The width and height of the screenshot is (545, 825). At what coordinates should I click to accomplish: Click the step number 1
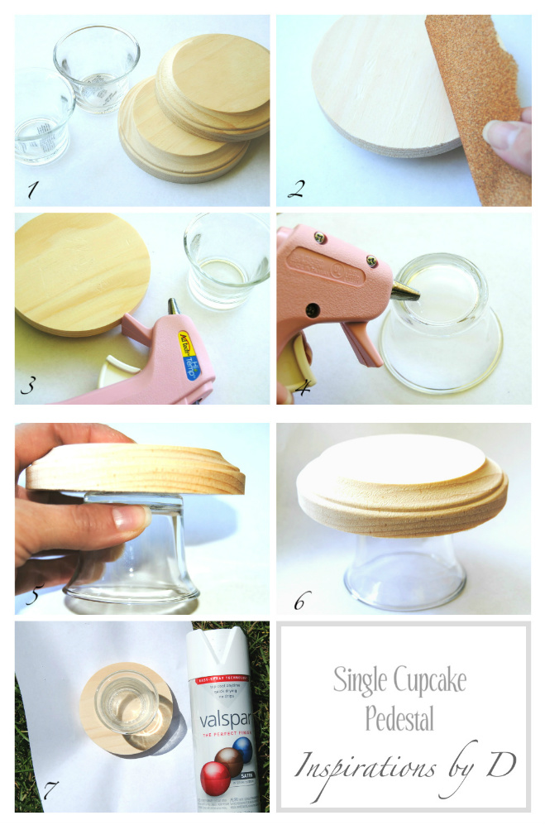tap(32, 189)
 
